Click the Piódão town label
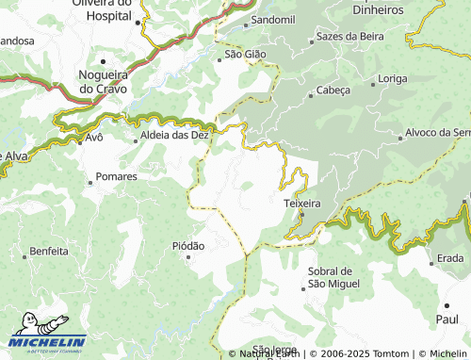pyautogui.click(x=188, y=245)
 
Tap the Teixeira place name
pyautogui.click(x=302, y=203)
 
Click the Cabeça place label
pyautogui.click(x=333, y=90)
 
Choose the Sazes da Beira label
pyautogui.click(x=350, y=36)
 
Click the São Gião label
pyautogui.click(x=245, y=55)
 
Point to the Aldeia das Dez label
pyautogui.click(x=174, y=136)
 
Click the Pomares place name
pyautogui.click(x=117, y=176)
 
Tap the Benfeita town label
pyautogui.click(x=49, y=252)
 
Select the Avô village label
pyautogui.click(x=93, y=137)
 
